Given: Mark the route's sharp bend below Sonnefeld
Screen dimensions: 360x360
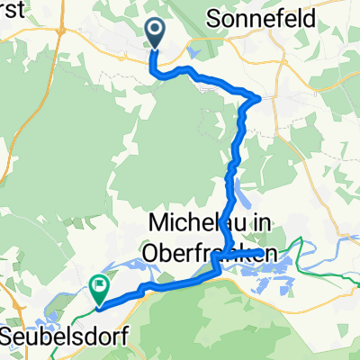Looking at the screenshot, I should [x=260, y=97].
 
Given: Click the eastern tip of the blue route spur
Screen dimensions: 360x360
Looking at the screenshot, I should [x=286, y=252].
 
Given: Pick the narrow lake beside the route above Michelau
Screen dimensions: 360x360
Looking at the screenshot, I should [x=237, y=192].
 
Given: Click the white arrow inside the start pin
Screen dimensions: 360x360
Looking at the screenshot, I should [x=155, y=32].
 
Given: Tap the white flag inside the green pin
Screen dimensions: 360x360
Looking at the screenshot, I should [x=99, y=287].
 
